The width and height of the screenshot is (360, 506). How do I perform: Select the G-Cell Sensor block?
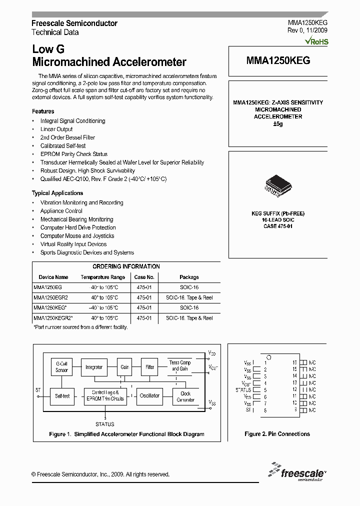[61, 367]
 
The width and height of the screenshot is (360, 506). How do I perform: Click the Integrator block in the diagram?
[93, 367]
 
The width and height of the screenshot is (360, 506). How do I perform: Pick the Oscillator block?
[149, 395]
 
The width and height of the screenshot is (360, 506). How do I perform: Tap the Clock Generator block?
[185, 396]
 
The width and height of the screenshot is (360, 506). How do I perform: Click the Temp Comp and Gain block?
[180, 365]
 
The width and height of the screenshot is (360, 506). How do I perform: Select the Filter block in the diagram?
[149, 367]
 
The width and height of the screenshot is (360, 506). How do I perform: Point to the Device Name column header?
[53, 277]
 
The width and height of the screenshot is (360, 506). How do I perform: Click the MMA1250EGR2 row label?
[48, 297]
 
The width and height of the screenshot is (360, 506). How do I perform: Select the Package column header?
[189, 277]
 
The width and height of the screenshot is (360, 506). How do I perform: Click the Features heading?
[43, 111]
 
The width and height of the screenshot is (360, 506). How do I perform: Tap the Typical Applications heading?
[57, 193]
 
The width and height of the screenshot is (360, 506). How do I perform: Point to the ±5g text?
[277, 123]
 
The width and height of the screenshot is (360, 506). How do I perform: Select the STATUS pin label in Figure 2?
[243, 389]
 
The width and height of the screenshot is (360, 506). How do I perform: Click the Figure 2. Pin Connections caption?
[277, 434]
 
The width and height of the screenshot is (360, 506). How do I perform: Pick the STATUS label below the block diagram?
[104, 424]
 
